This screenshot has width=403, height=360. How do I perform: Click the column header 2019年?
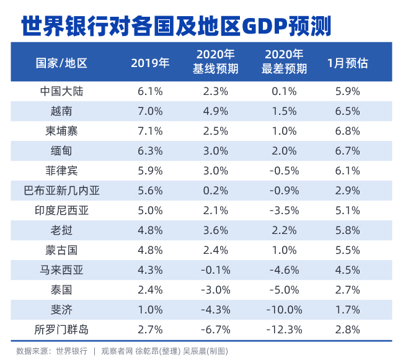coord(150,63)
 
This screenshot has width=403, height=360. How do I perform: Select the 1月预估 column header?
coord(347,63)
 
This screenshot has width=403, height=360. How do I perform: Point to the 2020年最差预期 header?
coord(283,62)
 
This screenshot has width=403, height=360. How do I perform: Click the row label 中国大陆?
coord(61,91)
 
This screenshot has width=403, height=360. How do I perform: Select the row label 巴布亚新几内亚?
coord(61,191)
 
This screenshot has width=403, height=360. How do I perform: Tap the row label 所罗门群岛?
coord(61,329)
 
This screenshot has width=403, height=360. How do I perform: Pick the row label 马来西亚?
coord(61,269)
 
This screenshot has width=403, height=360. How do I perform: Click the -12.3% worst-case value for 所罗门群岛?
coord(283,329)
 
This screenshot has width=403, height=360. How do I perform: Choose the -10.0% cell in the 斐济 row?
coord(283,309)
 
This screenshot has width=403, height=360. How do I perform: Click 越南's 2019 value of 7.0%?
coord(150,111)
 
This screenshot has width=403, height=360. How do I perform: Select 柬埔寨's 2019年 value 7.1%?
coord(150,131)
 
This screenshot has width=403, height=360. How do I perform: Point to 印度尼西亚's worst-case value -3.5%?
coord(283,210)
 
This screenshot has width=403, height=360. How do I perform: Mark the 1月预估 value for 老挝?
coord(347,230)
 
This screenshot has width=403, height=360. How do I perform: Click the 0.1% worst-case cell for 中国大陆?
coord(283,91)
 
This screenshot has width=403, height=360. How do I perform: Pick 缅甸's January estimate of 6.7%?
coord(347,151)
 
